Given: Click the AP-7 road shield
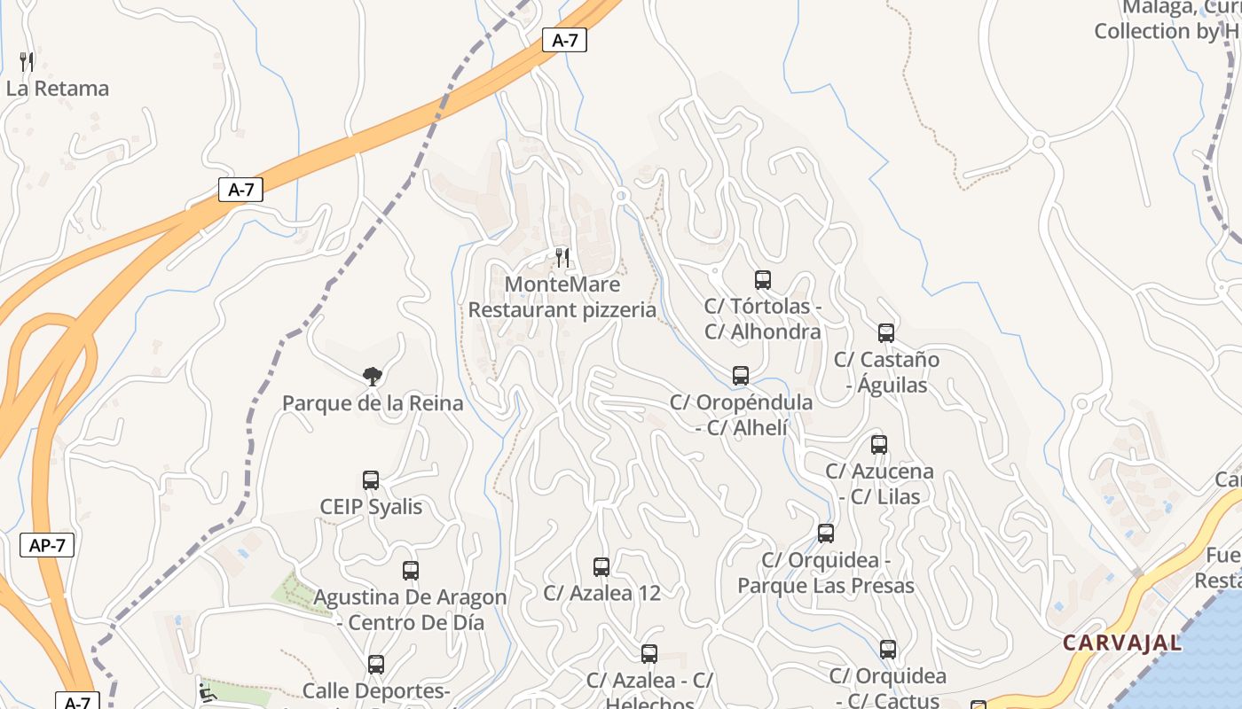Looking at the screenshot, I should [x=46, y=545].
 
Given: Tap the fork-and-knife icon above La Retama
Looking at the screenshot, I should [x=27, y=61].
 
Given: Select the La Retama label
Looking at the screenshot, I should [x=58, y=89].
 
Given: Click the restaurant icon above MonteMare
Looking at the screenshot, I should [x=562, y=257].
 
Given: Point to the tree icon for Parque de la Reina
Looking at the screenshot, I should [x=373, y=377].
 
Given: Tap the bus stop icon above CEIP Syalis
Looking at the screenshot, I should [x=371, y=480].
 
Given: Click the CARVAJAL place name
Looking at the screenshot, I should [x=1122, y=643].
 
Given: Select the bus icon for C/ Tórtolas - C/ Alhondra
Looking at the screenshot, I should [x=762, y=280].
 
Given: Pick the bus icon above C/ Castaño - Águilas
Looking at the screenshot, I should [x=885, y=333].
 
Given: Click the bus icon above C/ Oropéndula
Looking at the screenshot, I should [x=741, y=376].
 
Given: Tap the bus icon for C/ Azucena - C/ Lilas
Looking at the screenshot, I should [x=878, y=445].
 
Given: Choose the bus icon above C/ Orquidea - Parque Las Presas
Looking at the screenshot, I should [x=826, y=534].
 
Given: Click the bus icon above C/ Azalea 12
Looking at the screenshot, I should [x=601, y=567].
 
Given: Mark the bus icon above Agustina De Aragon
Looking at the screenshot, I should [x=410, y=571].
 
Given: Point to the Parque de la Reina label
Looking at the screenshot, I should [x=373, y=403].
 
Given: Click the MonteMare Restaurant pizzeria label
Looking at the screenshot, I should [x=562, y=297].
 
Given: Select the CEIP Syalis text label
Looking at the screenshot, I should [x=371, y=507].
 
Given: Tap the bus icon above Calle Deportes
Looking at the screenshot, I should [x=376, y=665].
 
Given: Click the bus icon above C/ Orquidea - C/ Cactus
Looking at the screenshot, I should [x=888, y=650].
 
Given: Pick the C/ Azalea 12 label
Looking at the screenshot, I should [x=601, y=593].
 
